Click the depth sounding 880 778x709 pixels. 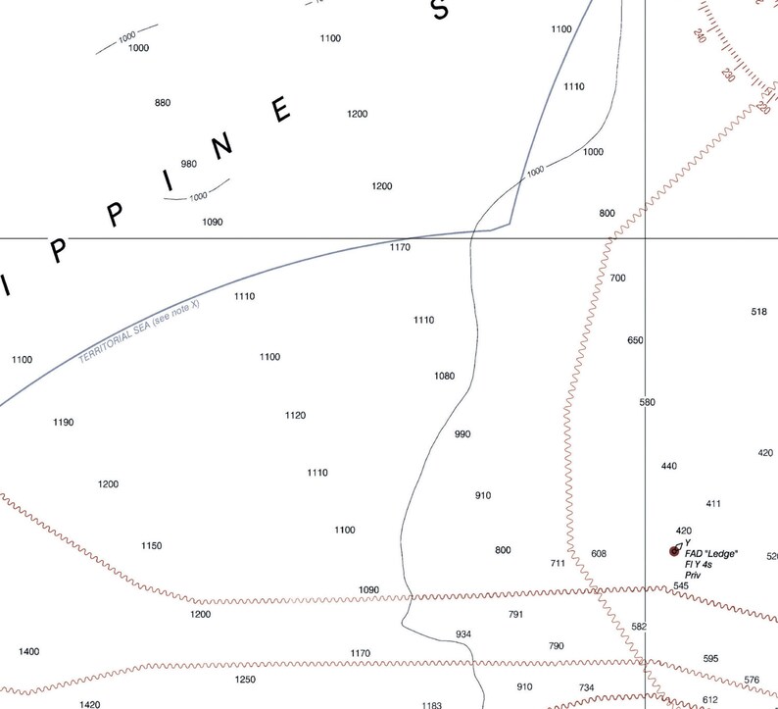click(x=163, y=103)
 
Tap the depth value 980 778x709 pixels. click(x=189, y=164)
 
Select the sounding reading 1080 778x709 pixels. click(x=445, y=376)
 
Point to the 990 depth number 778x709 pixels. click(x=463, y=433)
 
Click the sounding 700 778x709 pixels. click(x=617, y=279)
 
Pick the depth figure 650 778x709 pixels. click(x=635, y=340)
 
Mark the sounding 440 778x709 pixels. click(x=669, y=466)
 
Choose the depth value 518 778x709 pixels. click(x=759, y=312)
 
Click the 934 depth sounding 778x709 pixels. click(x=463, y=634)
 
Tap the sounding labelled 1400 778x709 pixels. click(x=29, y=652)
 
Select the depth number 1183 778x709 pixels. click(x=432, y=705)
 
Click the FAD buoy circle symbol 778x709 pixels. click(x=674, y=550)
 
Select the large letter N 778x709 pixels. click(x=223, y=144)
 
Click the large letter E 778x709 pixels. click(x=282, y=110)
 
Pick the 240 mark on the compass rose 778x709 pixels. click(x=699, y=36)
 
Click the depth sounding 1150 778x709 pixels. click(x=151, y=545)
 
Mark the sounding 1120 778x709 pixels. click(x=295, y=415)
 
